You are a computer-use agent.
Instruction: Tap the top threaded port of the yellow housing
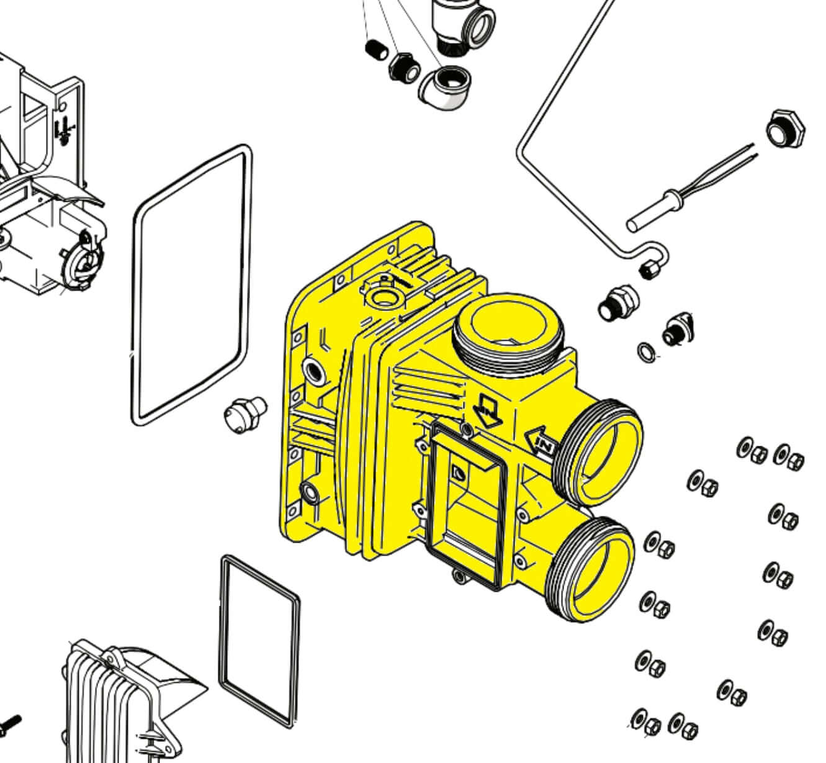pyautogui.click(x=508, y=333)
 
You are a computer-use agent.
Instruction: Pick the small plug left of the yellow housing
pyautogui.click(x=245, y=415)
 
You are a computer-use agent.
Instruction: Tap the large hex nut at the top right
pyautogui.click(x=786, y=129)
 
